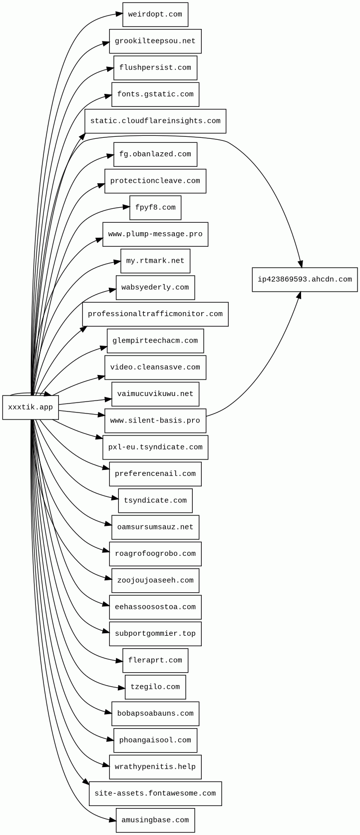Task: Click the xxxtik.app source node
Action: pos(30,407)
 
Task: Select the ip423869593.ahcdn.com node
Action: pos(305,279)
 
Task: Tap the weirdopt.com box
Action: pos(155,14)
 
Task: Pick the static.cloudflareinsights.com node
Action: pos(155,121)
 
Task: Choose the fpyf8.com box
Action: pos(155,207)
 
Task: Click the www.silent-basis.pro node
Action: pos(155,420)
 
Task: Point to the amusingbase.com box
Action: pos(155,820)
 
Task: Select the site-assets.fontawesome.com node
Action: pos(155,793)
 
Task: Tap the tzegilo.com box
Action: pos(155,687)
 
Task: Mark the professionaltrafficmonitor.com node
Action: pos(155,314)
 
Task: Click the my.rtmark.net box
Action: pos(155,261)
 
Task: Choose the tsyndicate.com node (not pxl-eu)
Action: pos(155,500)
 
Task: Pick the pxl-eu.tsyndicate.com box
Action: pos(155,447)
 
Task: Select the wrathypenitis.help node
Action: pos(155,767)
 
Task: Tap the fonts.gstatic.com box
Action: pos(155,94)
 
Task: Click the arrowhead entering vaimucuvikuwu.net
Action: pos(108,399)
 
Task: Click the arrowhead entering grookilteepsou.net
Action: pos(106,43)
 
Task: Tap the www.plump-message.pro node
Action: pos(155,234)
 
